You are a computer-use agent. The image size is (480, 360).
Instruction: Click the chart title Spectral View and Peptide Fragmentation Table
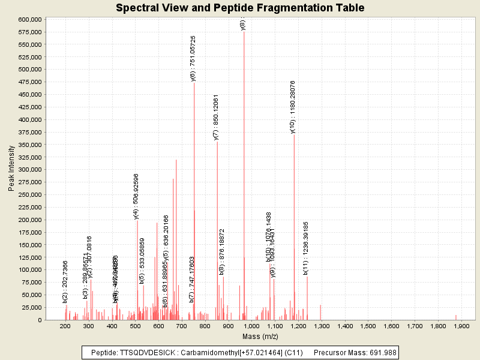[x=240, y=8]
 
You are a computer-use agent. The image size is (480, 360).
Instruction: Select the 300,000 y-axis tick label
[x=29, y=170]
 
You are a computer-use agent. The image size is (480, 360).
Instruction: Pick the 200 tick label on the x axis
[x=65, y=326]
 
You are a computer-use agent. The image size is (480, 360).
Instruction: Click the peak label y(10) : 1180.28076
[x=293, y=107]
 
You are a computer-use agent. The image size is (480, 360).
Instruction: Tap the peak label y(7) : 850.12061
[x=216, y=117]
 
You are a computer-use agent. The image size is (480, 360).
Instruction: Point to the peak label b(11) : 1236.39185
[x=306, y=248]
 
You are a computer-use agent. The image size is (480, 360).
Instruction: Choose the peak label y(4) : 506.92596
[x=136, y=196]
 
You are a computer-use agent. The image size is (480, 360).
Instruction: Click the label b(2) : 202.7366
[x=65, y=281]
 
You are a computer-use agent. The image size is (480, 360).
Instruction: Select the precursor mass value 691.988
[x=381, y=353]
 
